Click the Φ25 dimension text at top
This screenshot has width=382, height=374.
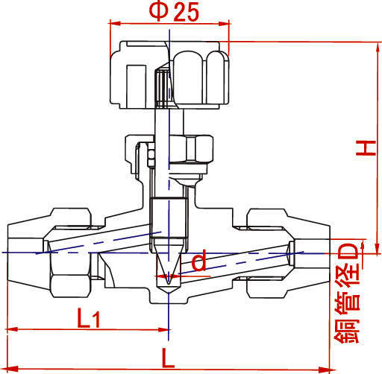coord(174,11)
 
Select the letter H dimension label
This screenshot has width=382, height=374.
coord(366,148)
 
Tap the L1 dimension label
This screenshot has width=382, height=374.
coord(89,318)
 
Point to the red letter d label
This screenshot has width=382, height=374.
coord(199,260)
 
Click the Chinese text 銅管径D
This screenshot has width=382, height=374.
coord(347,294)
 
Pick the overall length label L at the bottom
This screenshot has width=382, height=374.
coord(168,358)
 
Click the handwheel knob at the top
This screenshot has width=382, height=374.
coord(169,75)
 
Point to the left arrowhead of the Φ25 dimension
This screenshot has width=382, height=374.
coord(114,24)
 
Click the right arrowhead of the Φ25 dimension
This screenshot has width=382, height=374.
coord(224,24)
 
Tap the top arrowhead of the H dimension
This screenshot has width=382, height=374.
coord(378,48)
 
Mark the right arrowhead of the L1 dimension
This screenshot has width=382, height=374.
coord(163,330)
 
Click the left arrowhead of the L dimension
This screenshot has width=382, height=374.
coord(13,369)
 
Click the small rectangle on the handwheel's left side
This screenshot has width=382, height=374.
coord(136,86)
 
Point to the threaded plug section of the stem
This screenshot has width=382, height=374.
coord(169,218)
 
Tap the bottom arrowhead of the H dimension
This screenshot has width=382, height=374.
coord(378,248)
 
